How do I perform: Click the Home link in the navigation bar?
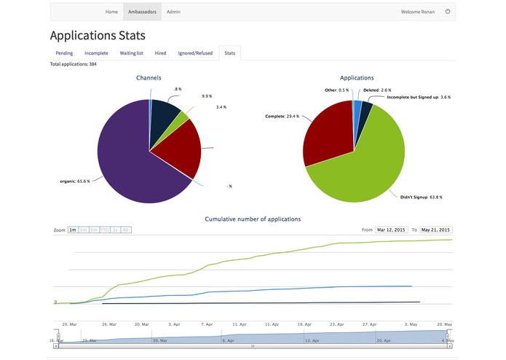pos(111,12)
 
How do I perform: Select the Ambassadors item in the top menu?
pos(142,12)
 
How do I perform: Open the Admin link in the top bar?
pos(173,12)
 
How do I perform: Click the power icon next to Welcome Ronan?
pos(448,12)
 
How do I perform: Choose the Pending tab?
pos(64,53)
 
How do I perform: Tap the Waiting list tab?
pos(133,53)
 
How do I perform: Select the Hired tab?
pos(160,53)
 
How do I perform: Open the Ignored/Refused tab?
pos(195,53)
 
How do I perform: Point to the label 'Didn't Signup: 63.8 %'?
pos(421,197)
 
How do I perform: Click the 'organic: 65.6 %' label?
pos(75,181)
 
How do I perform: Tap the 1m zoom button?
pos(73,230)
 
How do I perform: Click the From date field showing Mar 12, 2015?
pos(391,230)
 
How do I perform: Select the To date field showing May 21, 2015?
pos(435,230)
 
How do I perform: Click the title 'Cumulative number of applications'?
pos(253,219)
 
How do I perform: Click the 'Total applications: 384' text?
pos(73,65)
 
